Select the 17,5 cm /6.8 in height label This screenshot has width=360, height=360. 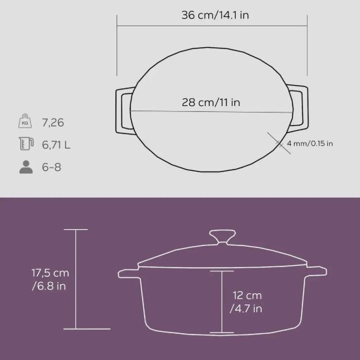(x=31, y=279)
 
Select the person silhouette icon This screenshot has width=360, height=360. (x=26, y=168)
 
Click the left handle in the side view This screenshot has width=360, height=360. (x=126, y=271)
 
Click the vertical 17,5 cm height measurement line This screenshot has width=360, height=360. (x=77, y=281)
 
